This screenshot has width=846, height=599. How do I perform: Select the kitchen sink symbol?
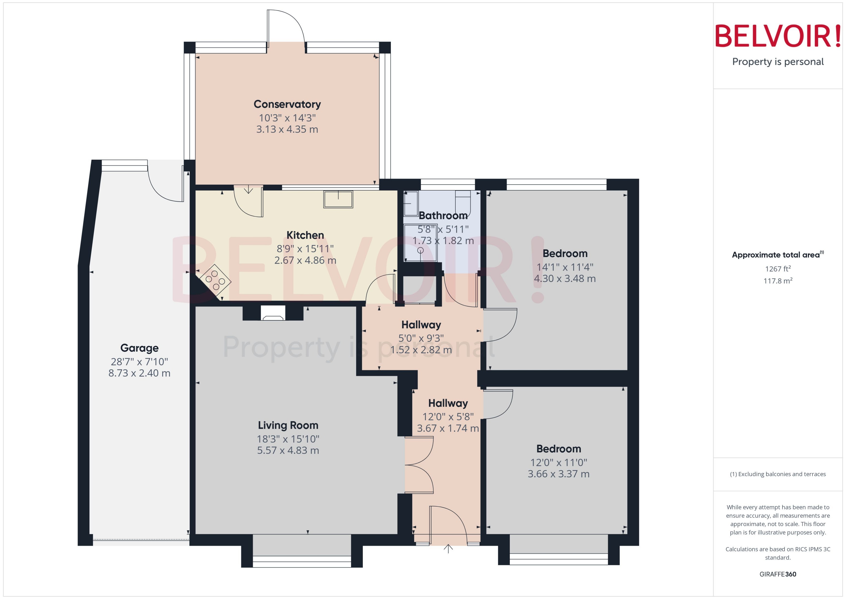(x=338, y=199)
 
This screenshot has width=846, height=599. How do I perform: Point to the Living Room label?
(x=288, y=425)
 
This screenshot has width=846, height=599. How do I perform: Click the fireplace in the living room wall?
(x=273, y=313)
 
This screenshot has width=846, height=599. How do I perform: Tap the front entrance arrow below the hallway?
(x=448, y=549)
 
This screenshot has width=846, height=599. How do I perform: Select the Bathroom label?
(x=443, y=215)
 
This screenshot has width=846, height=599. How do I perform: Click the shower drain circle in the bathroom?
(x=420, y=250)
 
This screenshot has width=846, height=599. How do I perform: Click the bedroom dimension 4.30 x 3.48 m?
(x=565, y=279)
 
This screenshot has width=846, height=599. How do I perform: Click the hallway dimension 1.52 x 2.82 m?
(x=421, y=350)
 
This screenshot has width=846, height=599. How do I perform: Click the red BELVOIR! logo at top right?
(x=778, y=36)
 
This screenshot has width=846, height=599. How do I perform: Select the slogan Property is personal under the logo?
(x=778, y=62)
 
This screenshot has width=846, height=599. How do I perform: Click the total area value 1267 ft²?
(x=778, y=269)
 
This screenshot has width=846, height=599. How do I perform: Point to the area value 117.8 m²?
(x=778, y=281)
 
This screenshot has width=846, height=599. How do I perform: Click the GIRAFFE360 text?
(x=778, y=574)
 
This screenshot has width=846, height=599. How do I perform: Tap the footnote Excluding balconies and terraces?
(x=778, y=474)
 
